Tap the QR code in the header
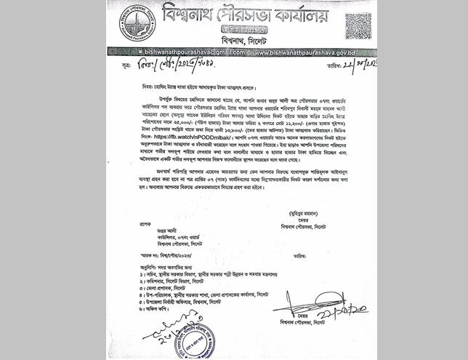coord(358,25)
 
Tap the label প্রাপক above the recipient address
coord(130,225)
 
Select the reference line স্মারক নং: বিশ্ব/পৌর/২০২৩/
coord(153,255)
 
